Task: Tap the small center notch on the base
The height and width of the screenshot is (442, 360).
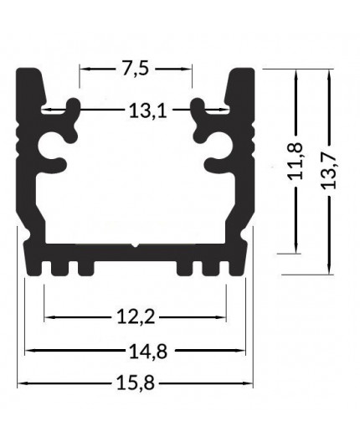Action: pyautogui.click(x=136, y=246)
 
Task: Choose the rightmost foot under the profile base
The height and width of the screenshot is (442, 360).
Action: pyautogui.click(x=238, y=266)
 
